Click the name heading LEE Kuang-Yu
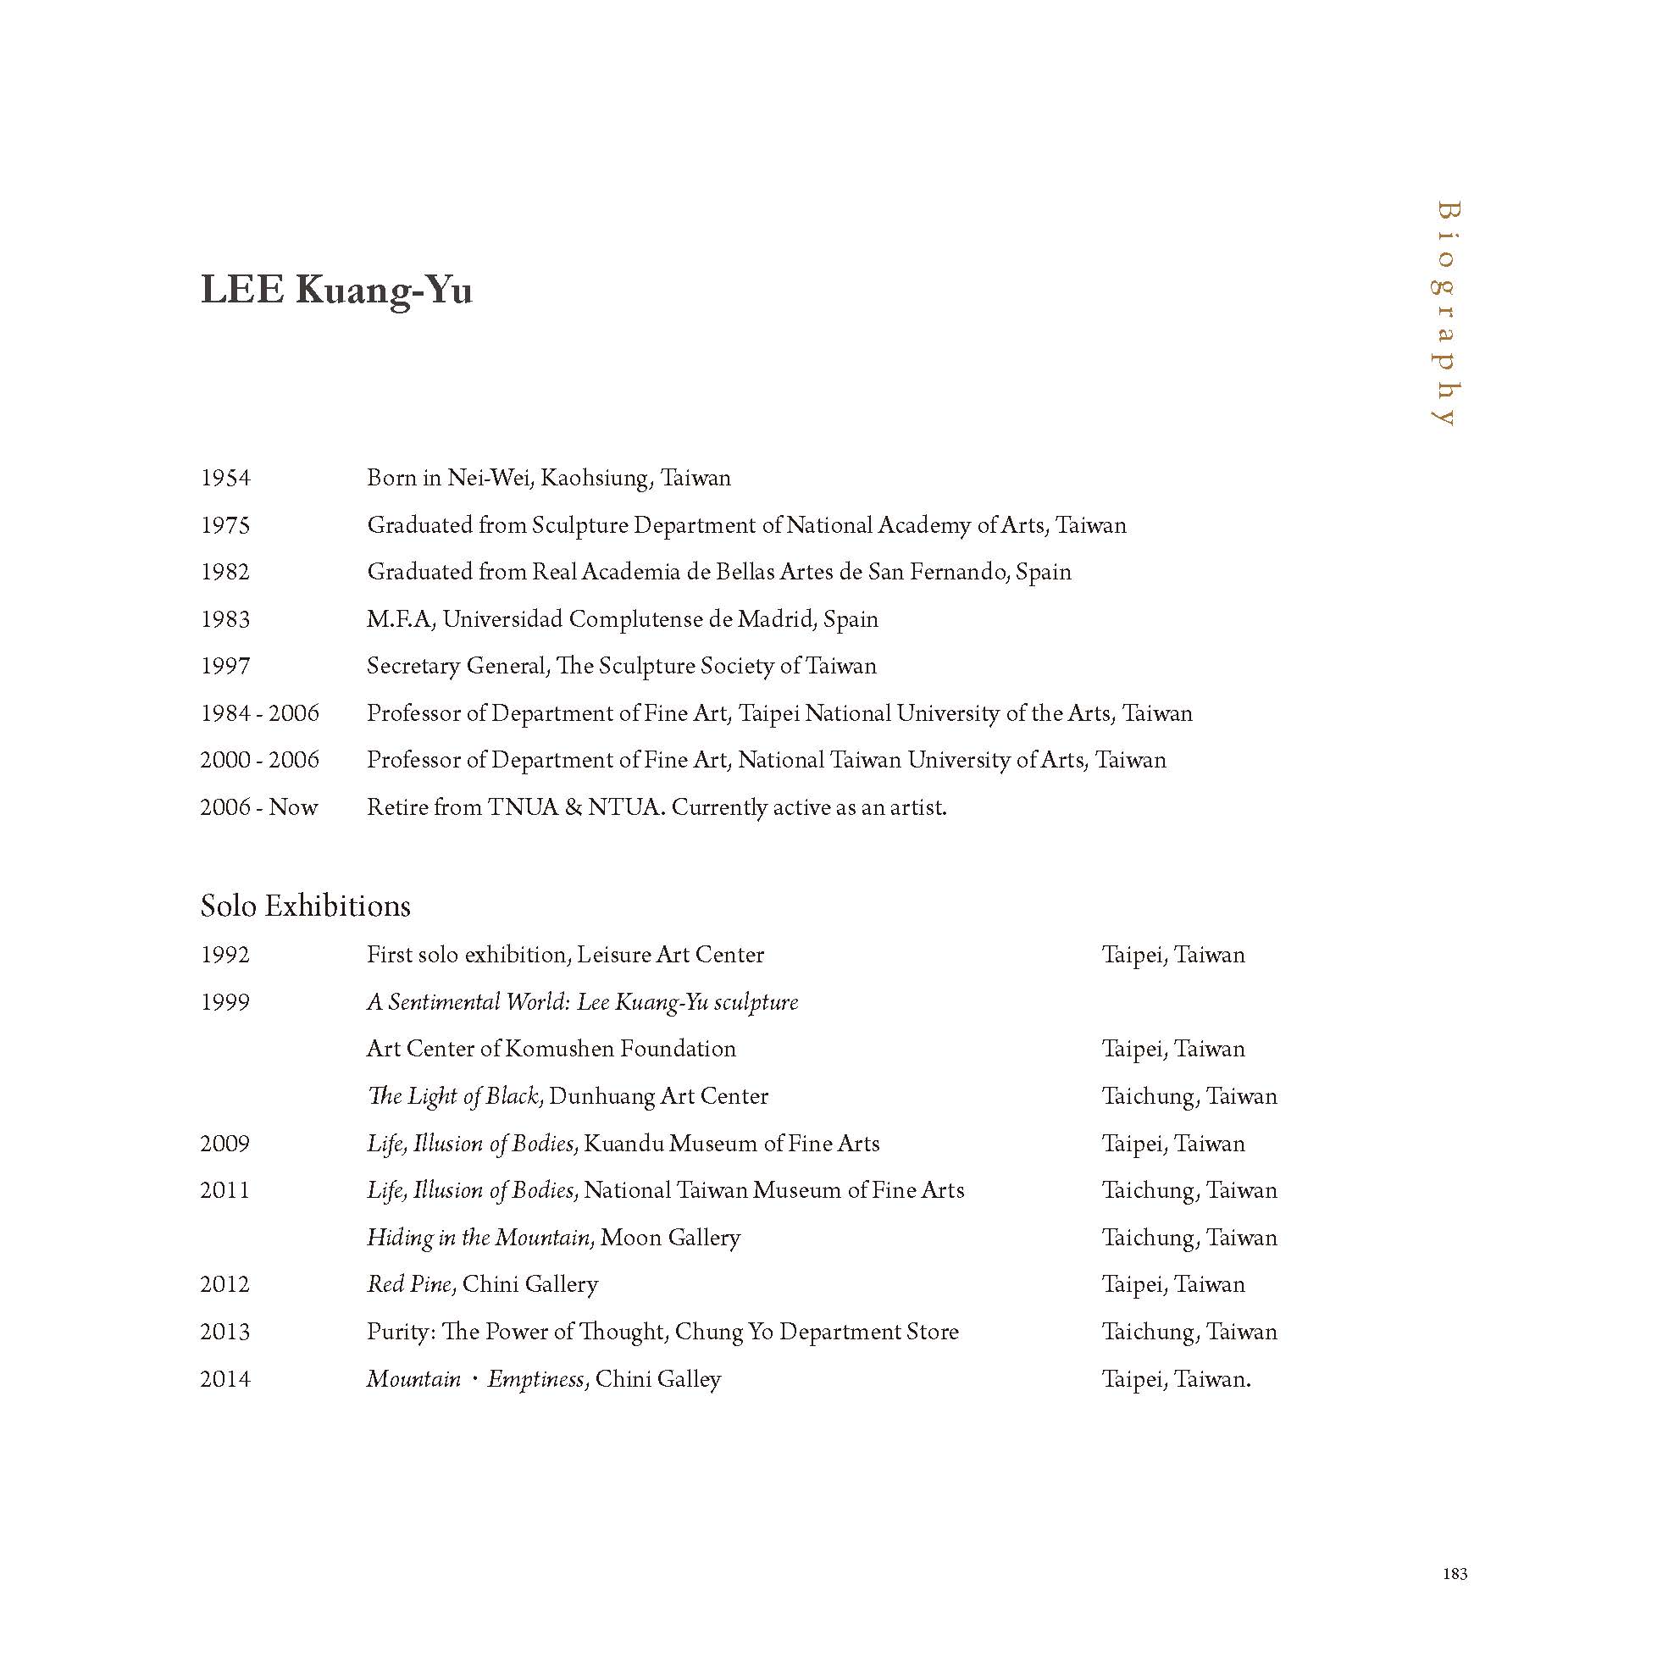click(x=335, y=290)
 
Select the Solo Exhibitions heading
click(x=305, y=906)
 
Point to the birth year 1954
click(x=224, y=479)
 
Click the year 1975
click(x=224, y=525)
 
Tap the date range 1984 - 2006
click(x=259, y=713)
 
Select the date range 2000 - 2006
click(x=259, y=760)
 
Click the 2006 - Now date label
click(x=258, y=807)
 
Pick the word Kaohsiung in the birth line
click(x=595, y=479)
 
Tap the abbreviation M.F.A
click(x=398, y=619)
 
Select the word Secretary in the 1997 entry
click(x=413, y=666)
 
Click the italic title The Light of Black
click(x=453, y=1096)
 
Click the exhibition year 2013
click(x=224, y=1332)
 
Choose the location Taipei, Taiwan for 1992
click(x=1173, y=955)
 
